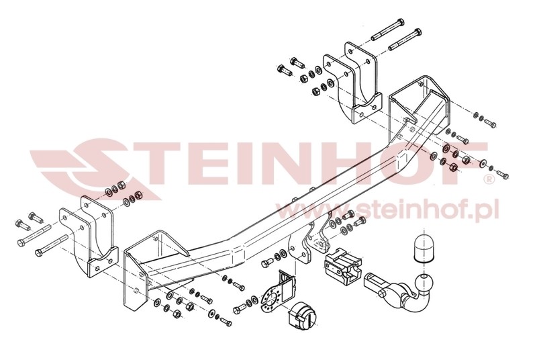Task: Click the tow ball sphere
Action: point(424,283)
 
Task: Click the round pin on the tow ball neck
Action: point(382,292)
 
